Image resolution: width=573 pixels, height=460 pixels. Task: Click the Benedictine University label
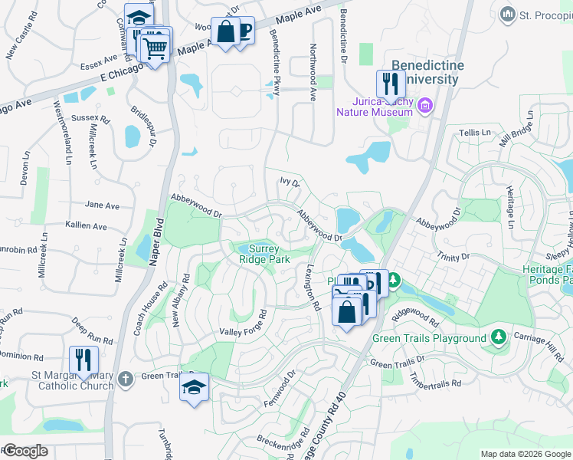(427, 72)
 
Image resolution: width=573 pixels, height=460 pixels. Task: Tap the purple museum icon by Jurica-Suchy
(424, 105)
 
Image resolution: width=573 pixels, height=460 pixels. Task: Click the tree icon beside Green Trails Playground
(499, 337)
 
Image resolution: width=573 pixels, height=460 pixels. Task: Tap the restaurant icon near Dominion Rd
(83, 359)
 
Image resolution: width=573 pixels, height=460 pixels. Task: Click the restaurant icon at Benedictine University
(391, 83)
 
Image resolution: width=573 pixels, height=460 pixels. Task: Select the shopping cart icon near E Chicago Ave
(156, 48)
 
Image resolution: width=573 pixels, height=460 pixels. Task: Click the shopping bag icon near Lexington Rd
(346, 312)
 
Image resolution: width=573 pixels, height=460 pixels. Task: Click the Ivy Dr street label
(289, 182)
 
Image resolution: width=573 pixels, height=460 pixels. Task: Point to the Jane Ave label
(102, 205)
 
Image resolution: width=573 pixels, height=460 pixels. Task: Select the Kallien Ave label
(87, 226)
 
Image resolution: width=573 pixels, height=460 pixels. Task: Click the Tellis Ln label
(474, 133)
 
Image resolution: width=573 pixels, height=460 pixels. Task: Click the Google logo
(25, 451)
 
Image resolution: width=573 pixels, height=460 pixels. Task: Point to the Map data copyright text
(525, 454)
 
